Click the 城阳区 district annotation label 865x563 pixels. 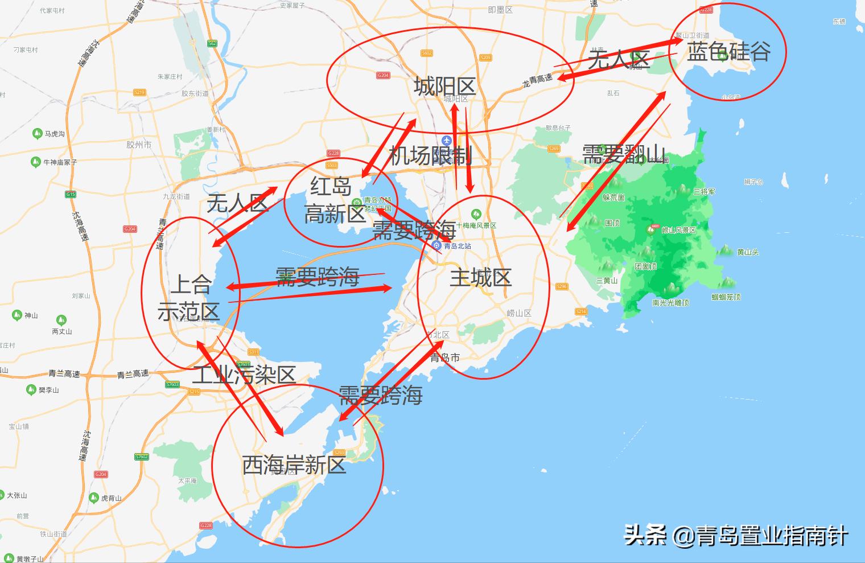click(x=444, y=87)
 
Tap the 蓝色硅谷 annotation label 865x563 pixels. click(x=728, y=52)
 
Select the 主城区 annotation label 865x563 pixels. click(x=481, y=278)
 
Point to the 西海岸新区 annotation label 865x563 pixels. click(x=294, y=465)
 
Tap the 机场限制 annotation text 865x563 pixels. click(x=430, y=155)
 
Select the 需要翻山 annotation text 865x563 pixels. click(x=624, y=154)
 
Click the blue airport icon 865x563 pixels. click(x=447, y=140)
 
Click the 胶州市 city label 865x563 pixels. click(x=139, y=145)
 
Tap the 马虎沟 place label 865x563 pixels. click(x=55, y=134)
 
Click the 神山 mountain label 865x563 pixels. click(x=31, y=315)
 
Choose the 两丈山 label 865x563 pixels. click(x=61, y=331)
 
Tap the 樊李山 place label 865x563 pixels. click(x=48, y=390)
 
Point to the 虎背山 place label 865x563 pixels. click(x=111, y=498)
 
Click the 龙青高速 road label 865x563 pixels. click(x=537, y=81)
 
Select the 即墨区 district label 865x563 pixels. click(x=500, y=10)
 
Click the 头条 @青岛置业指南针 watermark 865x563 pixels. click(x=736, y=536)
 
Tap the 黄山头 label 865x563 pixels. click(x=747, y=252)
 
